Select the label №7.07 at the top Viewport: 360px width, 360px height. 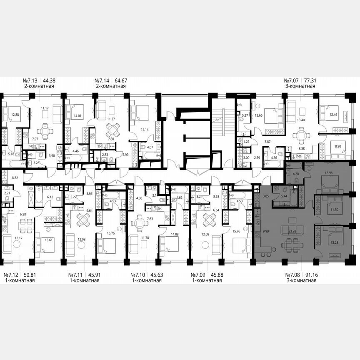point(292,80)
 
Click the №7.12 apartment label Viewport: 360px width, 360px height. point(12,275)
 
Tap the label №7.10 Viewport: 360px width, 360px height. point(139,275)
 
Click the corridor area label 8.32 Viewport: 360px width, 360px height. point(15,177)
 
